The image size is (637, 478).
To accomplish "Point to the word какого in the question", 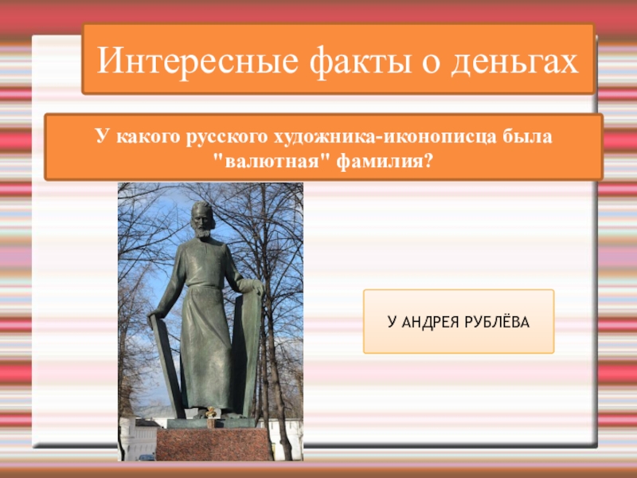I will coord(148,136).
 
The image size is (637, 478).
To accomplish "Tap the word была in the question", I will coord(527,136).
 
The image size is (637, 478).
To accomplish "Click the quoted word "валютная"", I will coord(259,162).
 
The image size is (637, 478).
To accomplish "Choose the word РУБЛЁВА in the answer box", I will coord(500,322).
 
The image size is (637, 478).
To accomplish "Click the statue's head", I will coord(201,216).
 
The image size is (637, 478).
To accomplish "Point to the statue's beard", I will coord(202,232).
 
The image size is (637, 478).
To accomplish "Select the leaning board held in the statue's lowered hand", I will coord(166,358).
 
